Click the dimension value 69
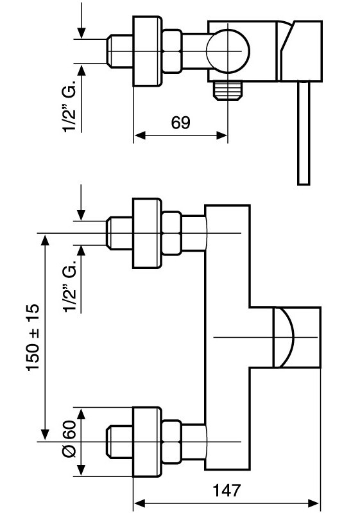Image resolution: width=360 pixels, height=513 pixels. pyautogui.click(x=180, y=123)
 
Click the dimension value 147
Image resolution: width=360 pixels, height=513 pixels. pyautogui.click(x=227, y=490)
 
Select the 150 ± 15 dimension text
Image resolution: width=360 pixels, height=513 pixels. pyautogui.click(x=33, y=337)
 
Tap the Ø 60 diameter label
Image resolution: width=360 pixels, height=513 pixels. pyautogui.click(x=69, y=439)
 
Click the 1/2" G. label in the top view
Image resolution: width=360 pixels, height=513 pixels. pyautogui.click(x=69, y=105)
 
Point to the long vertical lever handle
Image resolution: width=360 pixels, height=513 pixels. pyautogui.click(x=304, y=133)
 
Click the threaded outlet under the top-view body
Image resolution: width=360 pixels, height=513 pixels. pyautogui.click(x=228, y=91)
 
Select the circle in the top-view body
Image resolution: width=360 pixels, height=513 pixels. pyautogui.click(x=228, y=51)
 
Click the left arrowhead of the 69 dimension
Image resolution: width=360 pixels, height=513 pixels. pyautogui.click(x=140, y=135)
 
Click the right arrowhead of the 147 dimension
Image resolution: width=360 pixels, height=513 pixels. pyautogui.click(x=314, y=503)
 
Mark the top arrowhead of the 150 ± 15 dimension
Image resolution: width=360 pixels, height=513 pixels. pyautogui.click(x=45, y=239)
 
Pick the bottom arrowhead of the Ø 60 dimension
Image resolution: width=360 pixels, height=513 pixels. pyautogui.click(x=81, y=471)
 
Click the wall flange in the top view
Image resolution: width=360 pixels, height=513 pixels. pyautogui.click(x=147, y=51)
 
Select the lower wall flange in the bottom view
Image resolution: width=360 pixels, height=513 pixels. pyautogui.click(x=147, y=442)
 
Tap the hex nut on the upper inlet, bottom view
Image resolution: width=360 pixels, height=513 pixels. pyautogui.click(x=172, y=233)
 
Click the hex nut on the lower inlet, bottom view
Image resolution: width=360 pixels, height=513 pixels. pyautogui.click(x=172, y=442)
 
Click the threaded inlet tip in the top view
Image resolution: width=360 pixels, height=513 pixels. pyautogui.click(x=120, y=51)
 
